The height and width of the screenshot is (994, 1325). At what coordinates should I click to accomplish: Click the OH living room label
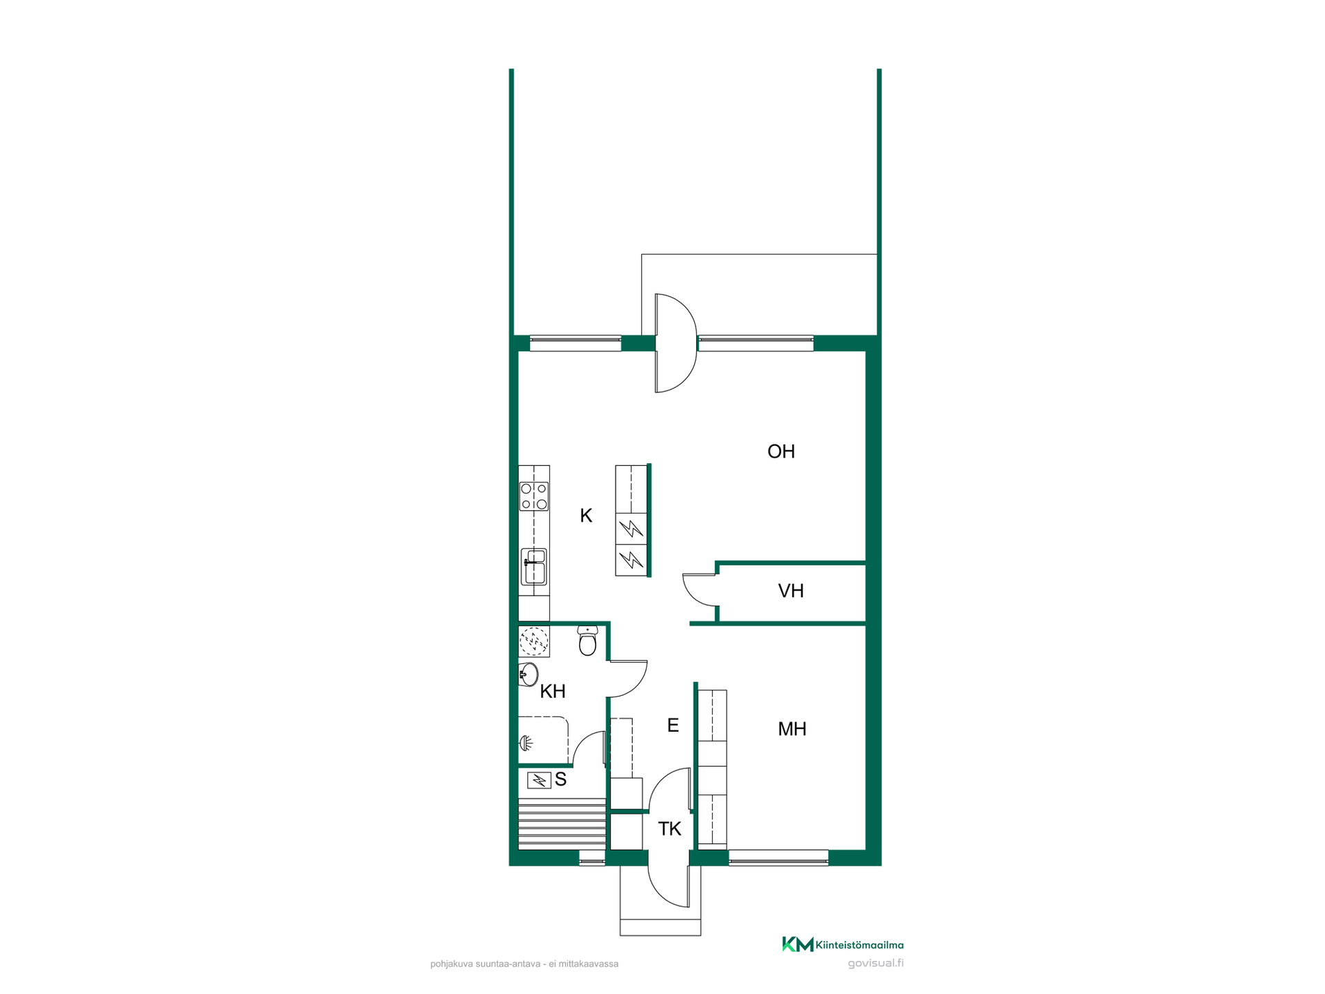(781, 451)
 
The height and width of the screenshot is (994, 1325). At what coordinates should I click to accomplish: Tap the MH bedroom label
(792, 729)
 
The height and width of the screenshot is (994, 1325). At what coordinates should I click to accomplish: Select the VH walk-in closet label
(791, 591)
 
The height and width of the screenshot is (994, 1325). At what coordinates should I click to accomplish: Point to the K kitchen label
(586, 516)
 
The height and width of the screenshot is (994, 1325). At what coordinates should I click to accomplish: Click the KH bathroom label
(553, 691)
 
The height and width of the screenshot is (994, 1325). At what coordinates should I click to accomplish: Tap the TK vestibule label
(669, 829)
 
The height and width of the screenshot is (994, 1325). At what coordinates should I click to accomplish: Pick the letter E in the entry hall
(673, 725)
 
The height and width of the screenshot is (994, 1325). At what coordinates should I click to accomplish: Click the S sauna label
(560, 780)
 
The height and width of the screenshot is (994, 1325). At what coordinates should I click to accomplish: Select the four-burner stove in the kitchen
(534, 496)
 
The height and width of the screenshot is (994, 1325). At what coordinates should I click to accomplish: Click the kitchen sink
(534, 567)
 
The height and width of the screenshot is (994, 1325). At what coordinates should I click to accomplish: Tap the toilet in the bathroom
(587, 641)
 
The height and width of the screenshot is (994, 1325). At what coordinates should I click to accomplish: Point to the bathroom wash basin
(528, 674)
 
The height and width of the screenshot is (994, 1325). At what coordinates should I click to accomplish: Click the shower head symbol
(526, 743)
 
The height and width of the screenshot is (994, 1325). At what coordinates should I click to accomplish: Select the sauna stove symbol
(539, 781)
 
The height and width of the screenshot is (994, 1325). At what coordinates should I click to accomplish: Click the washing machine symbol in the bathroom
(534, 641)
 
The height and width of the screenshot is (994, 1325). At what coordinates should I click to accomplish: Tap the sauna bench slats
(562, 823)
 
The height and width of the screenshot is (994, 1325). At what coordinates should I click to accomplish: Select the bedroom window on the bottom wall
(778, 857)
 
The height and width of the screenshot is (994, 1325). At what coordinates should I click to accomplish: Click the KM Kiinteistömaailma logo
(843, 944)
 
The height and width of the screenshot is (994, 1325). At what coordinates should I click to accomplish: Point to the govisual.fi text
(876, 964)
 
